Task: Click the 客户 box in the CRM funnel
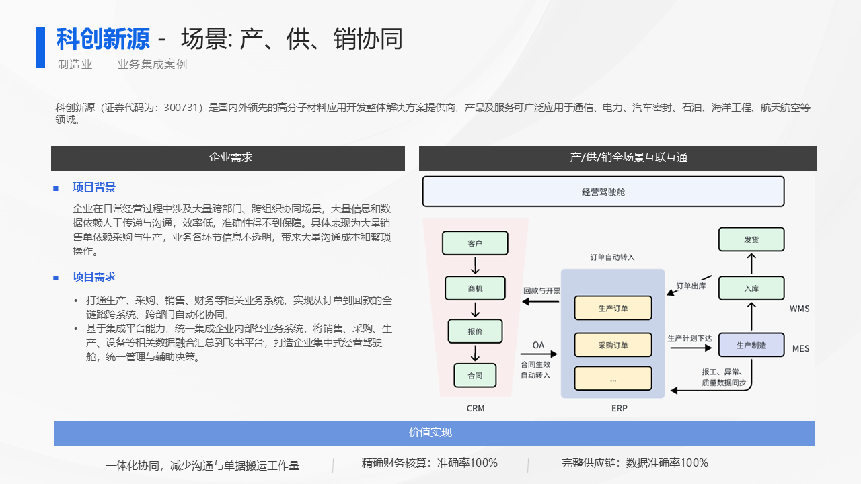475,243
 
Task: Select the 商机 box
475,288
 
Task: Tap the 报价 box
475,331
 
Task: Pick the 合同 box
475,375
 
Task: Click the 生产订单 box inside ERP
613,308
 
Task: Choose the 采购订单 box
613,345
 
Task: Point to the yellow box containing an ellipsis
613,378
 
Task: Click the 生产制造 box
751,345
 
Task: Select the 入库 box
751,288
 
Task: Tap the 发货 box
751,239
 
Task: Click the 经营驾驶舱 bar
603,192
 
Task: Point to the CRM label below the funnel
476,408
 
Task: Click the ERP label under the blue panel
620,408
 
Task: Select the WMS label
800,309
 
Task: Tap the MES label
800,348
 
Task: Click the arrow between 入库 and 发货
751,264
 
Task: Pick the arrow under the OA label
539,354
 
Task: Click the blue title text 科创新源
103,39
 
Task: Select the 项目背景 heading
94,188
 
